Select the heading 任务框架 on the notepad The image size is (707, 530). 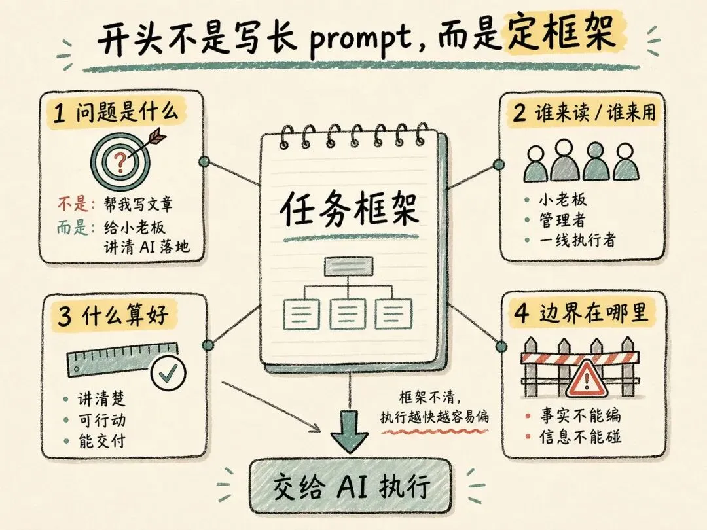[349, 209]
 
